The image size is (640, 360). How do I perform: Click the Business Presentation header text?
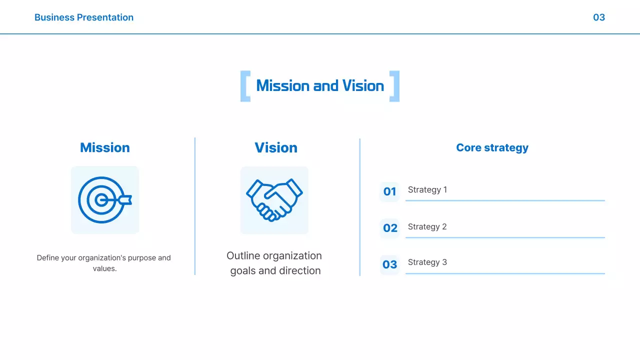click(x=84, y=17)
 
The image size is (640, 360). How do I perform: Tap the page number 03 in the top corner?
click(x=598, y=17)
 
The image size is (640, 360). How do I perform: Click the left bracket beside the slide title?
click(x=245, y=86)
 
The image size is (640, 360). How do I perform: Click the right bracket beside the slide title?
click(x=394, y=86)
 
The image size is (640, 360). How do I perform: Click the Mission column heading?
click(x=105, y=147)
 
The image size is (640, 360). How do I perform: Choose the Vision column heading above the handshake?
click(x=276, y=147)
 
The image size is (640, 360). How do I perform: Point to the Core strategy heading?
click(x=492, y=147)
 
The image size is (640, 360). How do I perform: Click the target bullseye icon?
click(x=101, y=200)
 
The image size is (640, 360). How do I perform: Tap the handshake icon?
click(x=274, y=200)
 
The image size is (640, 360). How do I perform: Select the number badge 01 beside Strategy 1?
click(x=389, y=191)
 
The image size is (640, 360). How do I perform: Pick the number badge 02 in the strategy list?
click(x=390, y=228)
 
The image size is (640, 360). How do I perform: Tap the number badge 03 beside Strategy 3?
click(x=389, y=264)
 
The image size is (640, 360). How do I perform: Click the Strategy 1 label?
click(x=427, y=189)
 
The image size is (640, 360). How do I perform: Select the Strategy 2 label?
click(x=427, y=226)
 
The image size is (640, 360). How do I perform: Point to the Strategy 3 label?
click(x=427, y=262)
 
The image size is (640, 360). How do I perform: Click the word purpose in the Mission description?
click(x=142, y=258)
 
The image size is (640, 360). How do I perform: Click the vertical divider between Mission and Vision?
click(x=195, y=206)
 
